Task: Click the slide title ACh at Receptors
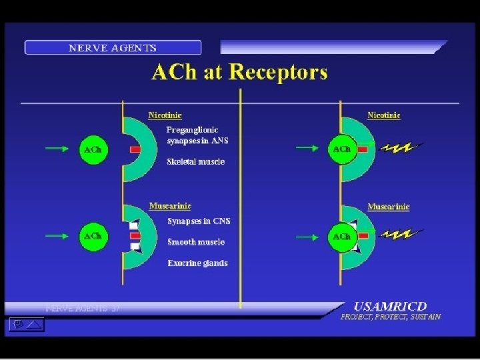(239, 73)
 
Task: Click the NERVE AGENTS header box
(113, 48)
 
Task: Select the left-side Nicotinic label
(165, 115)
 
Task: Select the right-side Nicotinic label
(384, 115)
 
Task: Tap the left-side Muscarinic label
(167, 206)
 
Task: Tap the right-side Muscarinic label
(388, 207)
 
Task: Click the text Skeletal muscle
(195, 161)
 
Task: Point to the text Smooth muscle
(195, 242)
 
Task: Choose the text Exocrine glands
(197, 263)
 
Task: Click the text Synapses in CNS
(199, 221)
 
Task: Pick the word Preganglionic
(192, 129)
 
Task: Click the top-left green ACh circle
(93, 150)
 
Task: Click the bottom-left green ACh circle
(93, 236)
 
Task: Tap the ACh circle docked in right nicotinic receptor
(341, 149)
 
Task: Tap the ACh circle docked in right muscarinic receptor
(341, 237)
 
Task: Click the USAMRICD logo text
(390, 307)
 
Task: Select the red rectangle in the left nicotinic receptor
(135, 150)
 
